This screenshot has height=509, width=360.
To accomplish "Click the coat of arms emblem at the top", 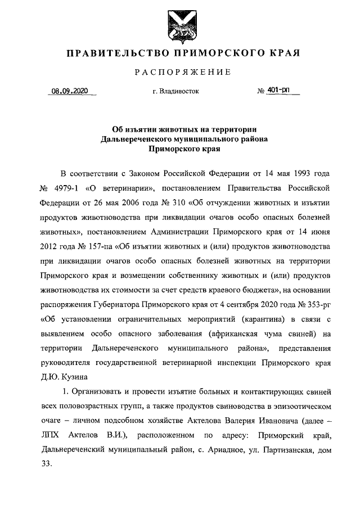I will click(x=180, y=26).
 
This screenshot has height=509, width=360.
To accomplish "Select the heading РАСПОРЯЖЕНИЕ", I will click(x=180, y=72).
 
